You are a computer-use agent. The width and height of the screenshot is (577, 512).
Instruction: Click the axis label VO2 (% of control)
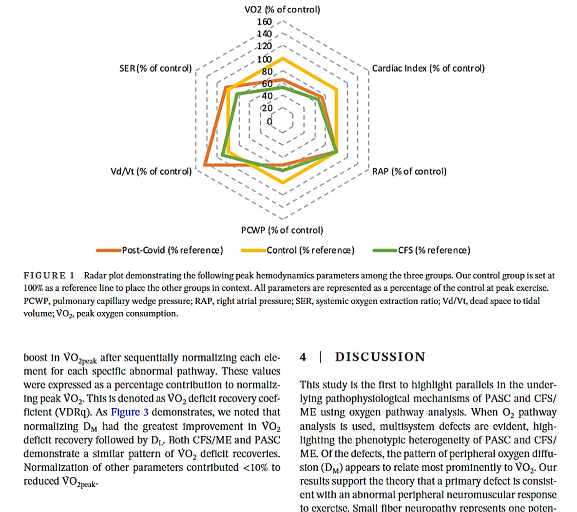(x=282, y=9)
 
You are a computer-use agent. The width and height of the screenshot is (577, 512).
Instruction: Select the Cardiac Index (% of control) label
(x=428, y=68)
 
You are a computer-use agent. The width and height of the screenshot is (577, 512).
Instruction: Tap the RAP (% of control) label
(x=409, y=171)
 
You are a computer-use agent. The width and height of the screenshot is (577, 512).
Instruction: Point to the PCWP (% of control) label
(x=282, y=230)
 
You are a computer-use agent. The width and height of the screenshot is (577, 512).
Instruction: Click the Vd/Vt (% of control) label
(x=151, y=171)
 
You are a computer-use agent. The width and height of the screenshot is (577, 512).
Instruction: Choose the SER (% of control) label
(x=155, y=68)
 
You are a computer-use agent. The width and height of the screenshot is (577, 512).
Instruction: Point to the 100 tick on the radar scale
(x=265, y=59)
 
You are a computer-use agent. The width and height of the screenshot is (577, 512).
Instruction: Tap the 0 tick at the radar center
(x=269, y=121)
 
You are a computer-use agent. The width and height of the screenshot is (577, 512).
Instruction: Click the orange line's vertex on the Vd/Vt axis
(x=205, y=166)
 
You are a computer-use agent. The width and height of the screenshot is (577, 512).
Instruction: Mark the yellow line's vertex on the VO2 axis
(x=282, y=58)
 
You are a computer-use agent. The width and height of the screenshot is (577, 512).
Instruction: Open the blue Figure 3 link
(x=129, y=412)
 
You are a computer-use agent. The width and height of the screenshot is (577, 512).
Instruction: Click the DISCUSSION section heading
(x=380, y=357)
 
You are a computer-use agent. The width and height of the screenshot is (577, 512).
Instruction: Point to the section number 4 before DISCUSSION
(x=303, y=357)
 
